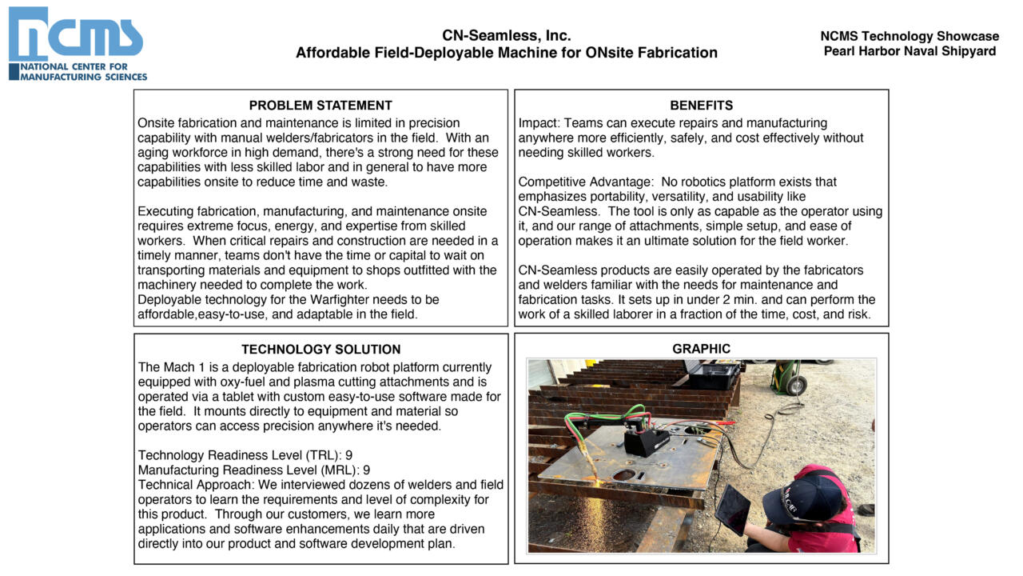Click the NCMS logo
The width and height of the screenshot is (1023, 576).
[x=78, y=44]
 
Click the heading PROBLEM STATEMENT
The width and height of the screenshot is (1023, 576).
[x=320, y=106]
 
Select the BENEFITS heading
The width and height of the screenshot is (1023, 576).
[x=701, y=106]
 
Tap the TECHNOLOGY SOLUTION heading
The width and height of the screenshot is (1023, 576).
[x=320, y=350]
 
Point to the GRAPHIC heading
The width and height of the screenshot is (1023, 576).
[x=701, y=349]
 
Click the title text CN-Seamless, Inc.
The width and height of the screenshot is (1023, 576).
[x=506, y=36]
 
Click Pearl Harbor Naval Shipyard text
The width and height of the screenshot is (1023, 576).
[x=910, y=51]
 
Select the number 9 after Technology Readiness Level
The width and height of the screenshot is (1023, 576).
[x=349, y=455]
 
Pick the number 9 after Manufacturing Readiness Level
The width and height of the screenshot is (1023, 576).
[x=367, y=470]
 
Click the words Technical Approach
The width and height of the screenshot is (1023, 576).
[x=189, y=485]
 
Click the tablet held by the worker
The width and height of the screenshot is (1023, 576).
[x=733, y=510]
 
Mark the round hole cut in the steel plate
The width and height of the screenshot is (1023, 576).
[x=626, y=475]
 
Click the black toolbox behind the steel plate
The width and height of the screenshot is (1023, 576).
[x=713, y=375]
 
